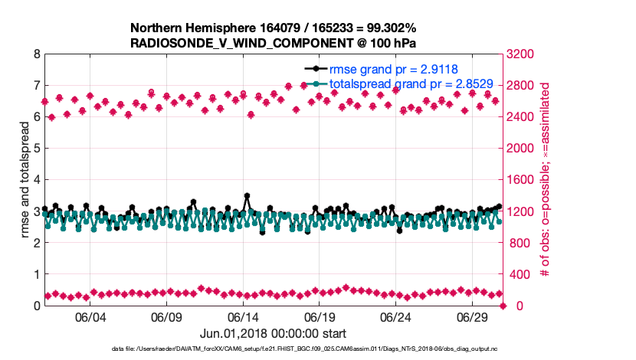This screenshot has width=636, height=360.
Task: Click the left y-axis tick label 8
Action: click(x=36, y=54)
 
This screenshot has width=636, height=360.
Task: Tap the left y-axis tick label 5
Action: click(x=36, y=149)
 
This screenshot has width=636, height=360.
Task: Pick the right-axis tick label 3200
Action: click(x=523, y=54)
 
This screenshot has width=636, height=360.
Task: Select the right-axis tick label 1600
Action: click(x=523, y=180)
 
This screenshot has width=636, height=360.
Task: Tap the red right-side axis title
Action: click(x=546, y=180)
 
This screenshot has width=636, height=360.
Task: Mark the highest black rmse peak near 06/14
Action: click(x=247, y=195)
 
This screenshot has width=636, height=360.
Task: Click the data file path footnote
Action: click(x=274, y=349)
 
